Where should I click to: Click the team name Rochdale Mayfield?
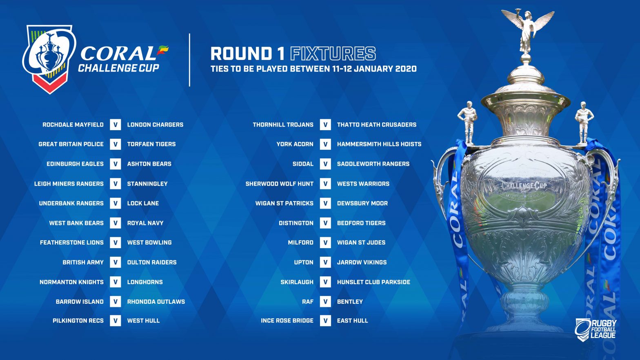[73, 124]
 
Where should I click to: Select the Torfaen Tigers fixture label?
[151, 144]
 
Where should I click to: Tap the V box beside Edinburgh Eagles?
[116, 164]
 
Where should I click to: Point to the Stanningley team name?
[147, 184]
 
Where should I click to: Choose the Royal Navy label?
[145, 223]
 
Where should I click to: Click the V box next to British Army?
[116, 262]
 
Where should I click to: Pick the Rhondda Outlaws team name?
[156, 302]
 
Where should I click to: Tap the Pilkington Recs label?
[78, 321]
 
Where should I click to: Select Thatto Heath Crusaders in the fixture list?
[377, 124]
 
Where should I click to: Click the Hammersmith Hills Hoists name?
[379, 144]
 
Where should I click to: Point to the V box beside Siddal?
[325, 164]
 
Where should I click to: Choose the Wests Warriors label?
[363, 184]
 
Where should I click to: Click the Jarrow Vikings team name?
[362, 262]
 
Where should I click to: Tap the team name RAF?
[308, 302]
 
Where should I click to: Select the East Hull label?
[352, 321]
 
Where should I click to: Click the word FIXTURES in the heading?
[333, 53]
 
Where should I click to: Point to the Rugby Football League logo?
[596, 329]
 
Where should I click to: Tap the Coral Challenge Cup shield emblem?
[49, 59]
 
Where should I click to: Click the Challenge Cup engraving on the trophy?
[524, 186]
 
